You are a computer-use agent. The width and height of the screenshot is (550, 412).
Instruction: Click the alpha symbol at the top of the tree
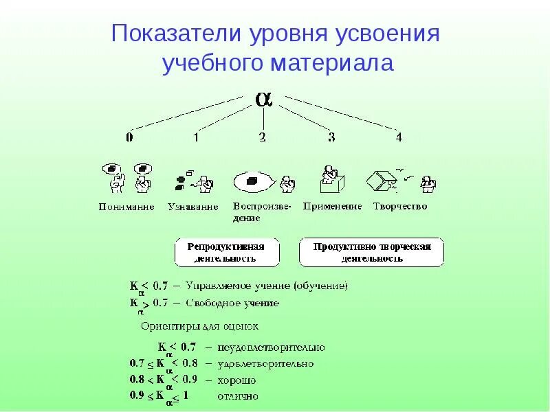coord(263,98)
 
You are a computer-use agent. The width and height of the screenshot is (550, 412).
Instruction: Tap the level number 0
coord(129,137)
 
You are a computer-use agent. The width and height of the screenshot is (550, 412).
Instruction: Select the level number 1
coord(196,137)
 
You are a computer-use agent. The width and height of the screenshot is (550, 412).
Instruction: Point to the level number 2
coord(262,137)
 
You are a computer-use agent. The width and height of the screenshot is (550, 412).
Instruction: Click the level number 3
coord(331,137)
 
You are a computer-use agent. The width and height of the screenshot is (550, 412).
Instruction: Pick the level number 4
coord(398,137)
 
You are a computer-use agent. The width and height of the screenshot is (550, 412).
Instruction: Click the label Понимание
coord(126,207)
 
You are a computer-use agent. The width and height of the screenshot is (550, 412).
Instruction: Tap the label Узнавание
coord(193,207)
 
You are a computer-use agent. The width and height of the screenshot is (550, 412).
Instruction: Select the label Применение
coord(332,206)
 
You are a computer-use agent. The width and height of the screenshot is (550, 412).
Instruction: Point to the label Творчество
coord(400,206)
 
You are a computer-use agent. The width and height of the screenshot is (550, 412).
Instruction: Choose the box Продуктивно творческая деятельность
coord(371,252)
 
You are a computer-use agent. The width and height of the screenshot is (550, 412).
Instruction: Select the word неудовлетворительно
coord(271,347)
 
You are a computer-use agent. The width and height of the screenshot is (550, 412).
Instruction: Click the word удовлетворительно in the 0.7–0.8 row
coord(265,363)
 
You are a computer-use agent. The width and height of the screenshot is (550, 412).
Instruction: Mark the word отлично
coord(237,396)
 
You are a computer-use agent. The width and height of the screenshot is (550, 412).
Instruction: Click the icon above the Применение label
coord(331,179)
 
